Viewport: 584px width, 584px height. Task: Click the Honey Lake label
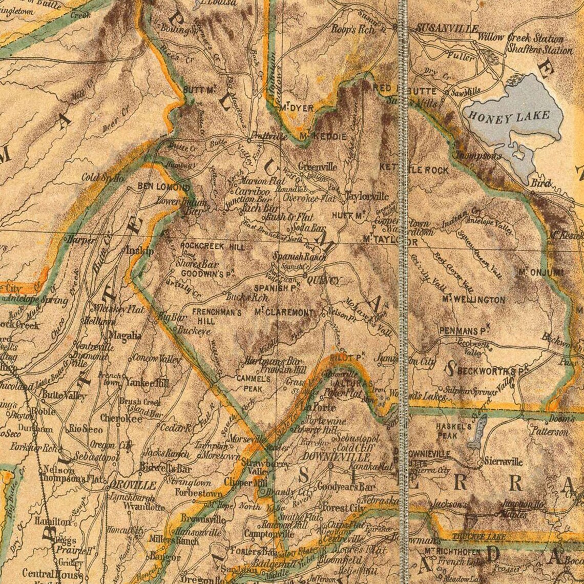click(509, 117)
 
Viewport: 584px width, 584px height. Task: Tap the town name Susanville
click(447, 28)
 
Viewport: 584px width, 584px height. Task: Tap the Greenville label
click(317, 167)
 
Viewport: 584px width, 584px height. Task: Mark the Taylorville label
click(366, 197)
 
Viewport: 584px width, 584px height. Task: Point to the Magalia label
click(124, 336)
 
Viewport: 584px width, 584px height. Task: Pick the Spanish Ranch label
click(299, 256)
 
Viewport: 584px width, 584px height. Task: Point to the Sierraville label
click(503, 462)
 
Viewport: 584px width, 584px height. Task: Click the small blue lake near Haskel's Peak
click(478, 431)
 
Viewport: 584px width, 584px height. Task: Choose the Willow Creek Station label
click(520, 38)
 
